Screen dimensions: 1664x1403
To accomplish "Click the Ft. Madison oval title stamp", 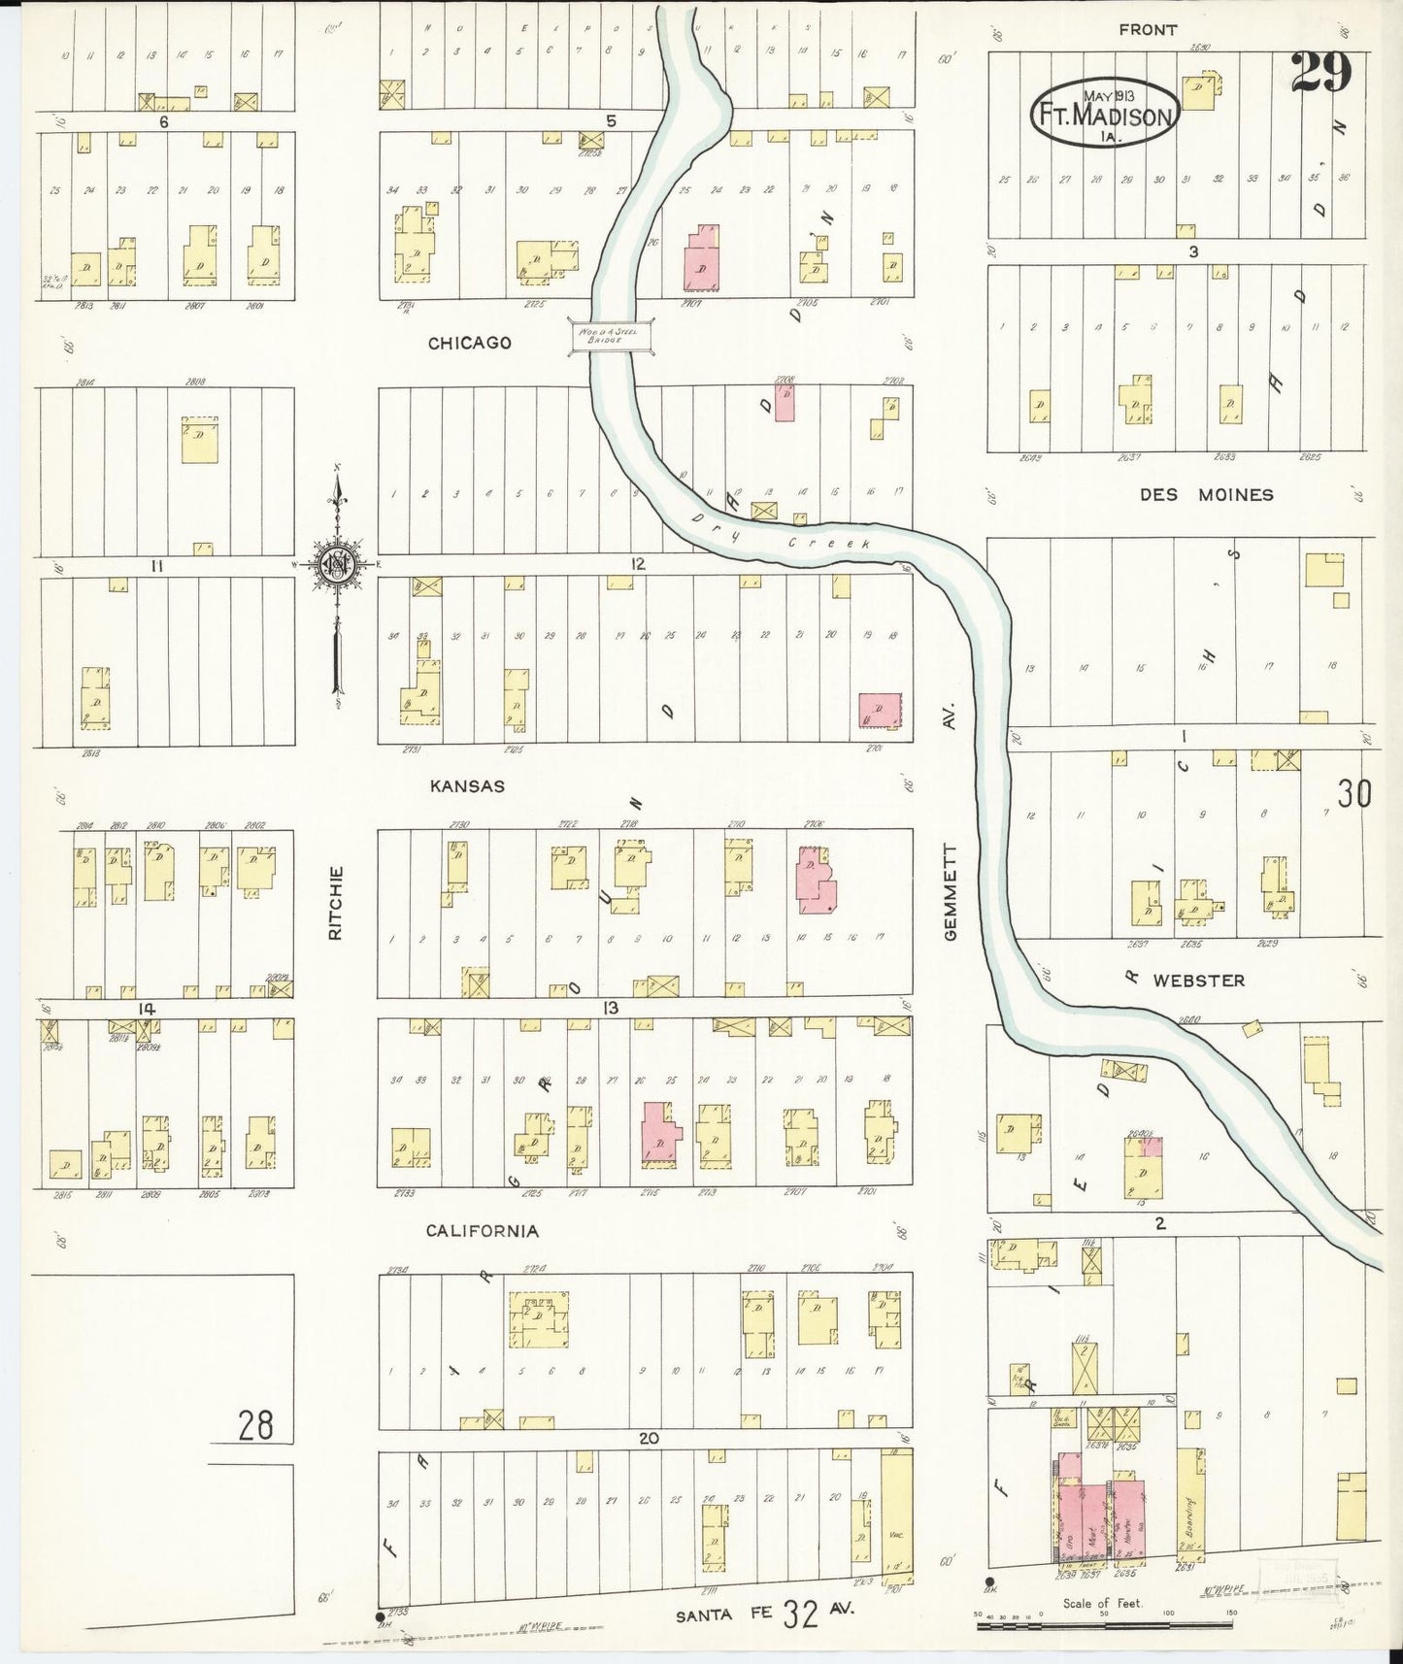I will pos(1104,113).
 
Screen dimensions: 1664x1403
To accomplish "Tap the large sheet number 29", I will pos(1321,74).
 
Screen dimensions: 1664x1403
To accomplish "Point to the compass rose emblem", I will pos(337,564).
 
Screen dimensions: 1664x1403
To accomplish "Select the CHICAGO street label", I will pos(470,343).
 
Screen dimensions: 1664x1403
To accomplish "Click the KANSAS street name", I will pos(468,785).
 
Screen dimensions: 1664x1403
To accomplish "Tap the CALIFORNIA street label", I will pos(483,1231).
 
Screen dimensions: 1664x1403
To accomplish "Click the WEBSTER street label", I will pos(1198,981).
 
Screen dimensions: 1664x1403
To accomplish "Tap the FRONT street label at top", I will pos(1148,30).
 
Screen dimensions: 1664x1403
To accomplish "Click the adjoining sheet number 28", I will pos(256,1425).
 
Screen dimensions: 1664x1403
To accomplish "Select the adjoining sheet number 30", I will pos(1353,794).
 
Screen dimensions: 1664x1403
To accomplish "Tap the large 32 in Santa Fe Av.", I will pos(802,1614).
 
